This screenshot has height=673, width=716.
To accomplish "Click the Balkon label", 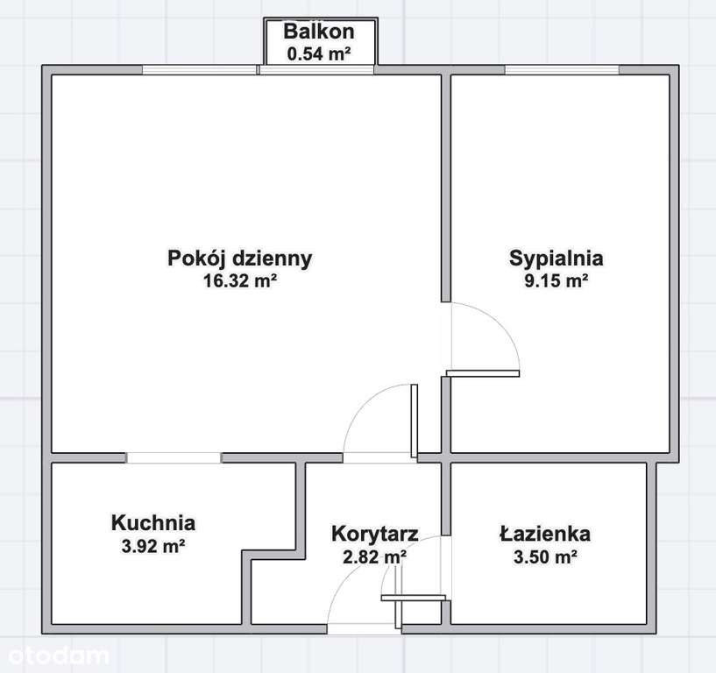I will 319,32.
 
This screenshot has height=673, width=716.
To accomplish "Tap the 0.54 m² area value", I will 319,53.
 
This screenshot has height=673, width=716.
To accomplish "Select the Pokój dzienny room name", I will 239,259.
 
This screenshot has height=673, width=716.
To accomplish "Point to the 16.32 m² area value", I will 239,281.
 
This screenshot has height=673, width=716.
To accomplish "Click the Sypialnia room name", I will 556,259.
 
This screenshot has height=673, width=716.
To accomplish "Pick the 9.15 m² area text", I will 556,281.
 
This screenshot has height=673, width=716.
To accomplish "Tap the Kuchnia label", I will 153,523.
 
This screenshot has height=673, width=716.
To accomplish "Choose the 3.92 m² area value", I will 153,546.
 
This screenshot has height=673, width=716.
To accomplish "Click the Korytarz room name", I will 374,533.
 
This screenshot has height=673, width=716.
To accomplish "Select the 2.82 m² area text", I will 374,556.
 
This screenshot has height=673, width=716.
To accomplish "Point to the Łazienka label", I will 545,533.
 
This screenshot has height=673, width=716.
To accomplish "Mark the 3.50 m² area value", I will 545,556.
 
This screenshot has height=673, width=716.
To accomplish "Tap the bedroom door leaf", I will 483,373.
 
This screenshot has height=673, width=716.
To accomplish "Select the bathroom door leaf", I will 413,598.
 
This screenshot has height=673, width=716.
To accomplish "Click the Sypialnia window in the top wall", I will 562,70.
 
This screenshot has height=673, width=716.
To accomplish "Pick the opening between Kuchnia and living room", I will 174,457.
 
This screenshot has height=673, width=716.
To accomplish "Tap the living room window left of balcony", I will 200,70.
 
